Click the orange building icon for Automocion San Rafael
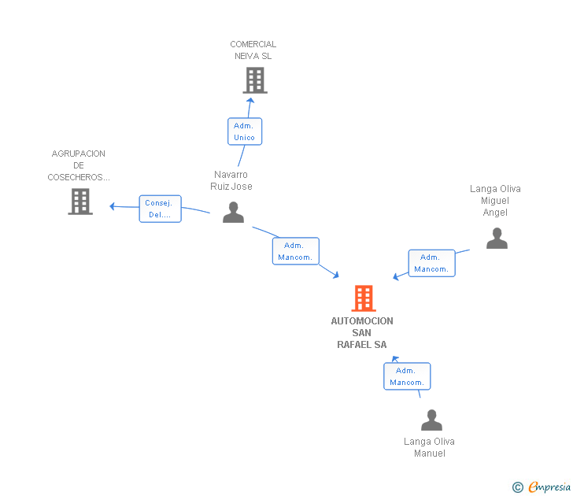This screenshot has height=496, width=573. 363,298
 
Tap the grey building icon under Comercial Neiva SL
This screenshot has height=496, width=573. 254,80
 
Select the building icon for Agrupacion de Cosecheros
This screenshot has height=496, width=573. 80,202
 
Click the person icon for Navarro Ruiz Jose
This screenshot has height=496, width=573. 233,212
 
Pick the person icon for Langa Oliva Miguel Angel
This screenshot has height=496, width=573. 497,238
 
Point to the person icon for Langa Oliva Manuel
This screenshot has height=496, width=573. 431,420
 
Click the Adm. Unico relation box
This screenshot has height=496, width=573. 244,131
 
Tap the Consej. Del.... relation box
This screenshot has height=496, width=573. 160,209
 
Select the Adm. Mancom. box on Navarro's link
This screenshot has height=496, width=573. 296,251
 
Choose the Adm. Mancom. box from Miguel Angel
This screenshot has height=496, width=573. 431,263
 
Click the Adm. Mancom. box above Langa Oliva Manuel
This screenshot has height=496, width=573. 406,376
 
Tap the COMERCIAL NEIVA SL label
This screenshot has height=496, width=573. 253,50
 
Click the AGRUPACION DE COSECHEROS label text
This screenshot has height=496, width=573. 79,165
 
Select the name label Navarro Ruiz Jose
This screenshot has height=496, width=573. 231,180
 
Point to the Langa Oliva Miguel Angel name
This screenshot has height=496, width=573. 495,200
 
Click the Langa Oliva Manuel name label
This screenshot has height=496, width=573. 429,447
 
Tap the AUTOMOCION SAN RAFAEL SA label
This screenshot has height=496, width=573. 362,332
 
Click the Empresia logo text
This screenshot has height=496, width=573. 549,487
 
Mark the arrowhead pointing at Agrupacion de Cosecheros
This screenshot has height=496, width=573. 113,206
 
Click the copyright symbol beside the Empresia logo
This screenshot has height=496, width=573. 517,487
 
